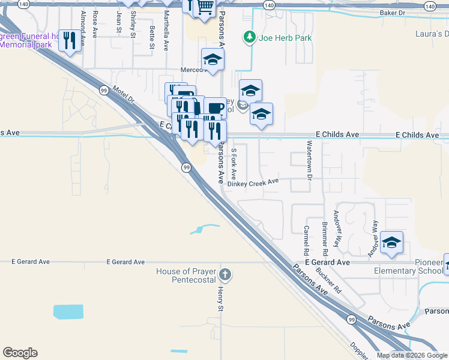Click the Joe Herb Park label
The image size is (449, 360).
click(x=285, y=38)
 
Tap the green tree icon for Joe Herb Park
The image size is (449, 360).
click(x=249, y=38)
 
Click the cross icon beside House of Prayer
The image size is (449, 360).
click(x=225, y=275)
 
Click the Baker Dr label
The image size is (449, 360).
click(x=393, y=12)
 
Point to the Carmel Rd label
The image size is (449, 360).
click(x=306, y=239)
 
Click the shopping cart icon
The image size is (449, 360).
click(x=205, y=8)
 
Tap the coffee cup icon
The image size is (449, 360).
click(x=215, y=109)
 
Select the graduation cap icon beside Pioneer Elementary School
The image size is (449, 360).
click(x=391, y=242)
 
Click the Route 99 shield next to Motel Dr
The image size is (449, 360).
click(x=104, y=90)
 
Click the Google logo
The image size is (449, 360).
click(x=20, y=353)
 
